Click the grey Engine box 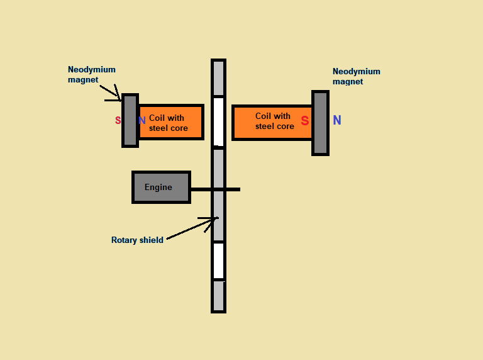pyautogui.click(x=161, y=187)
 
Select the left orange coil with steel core pyautogui.click(x=170, y=122)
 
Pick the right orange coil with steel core pyautogui.click(x=272, y=122)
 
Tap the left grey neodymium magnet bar pyautogui.click(x=130, y=120)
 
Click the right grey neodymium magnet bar pyautogui.click(x=320, y=123)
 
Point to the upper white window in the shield pyautogui.click(x=218, y=121)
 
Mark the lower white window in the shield pyautogui.click(x=218, y=261)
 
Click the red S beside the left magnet pyautogui.click(x=118, y=120)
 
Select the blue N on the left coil pyautogui.click(x=142, y=121)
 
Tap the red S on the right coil pyautogui.click(x=305, y=121)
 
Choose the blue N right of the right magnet pyautogui.click(x=337, y=121)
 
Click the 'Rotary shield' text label pyautogui.click(x=137, y=240)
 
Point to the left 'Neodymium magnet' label pyautogui.click(x=92, y=74)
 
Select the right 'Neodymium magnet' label pyautogui.click(x=356, y=76)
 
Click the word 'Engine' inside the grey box pyautogui.click(x=158, y=187)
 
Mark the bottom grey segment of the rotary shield pyautogui.click(x=218, y=296)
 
